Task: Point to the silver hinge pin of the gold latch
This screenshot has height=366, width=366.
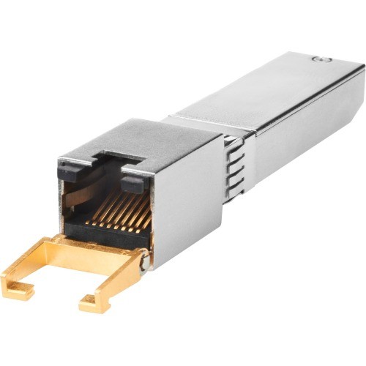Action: [145, 257]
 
